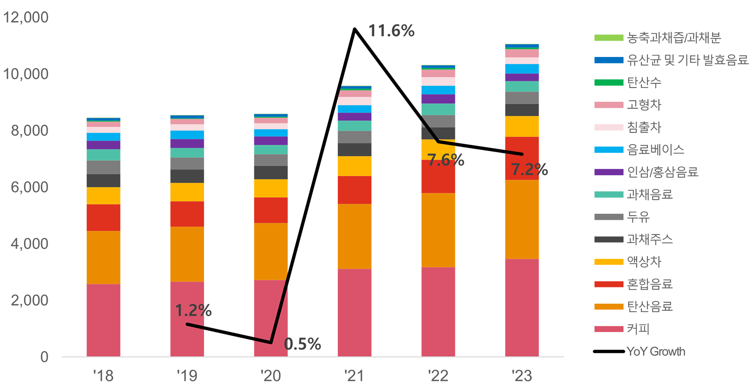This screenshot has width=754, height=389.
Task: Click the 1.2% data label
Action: (191, 310)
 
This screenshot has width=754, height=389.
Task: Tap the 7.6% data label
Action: (443, 160)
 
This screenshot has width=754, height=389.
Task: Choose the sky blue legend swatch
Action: (598, 150)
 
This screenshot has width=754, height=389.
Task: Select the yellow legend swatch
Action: (598, 262)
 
